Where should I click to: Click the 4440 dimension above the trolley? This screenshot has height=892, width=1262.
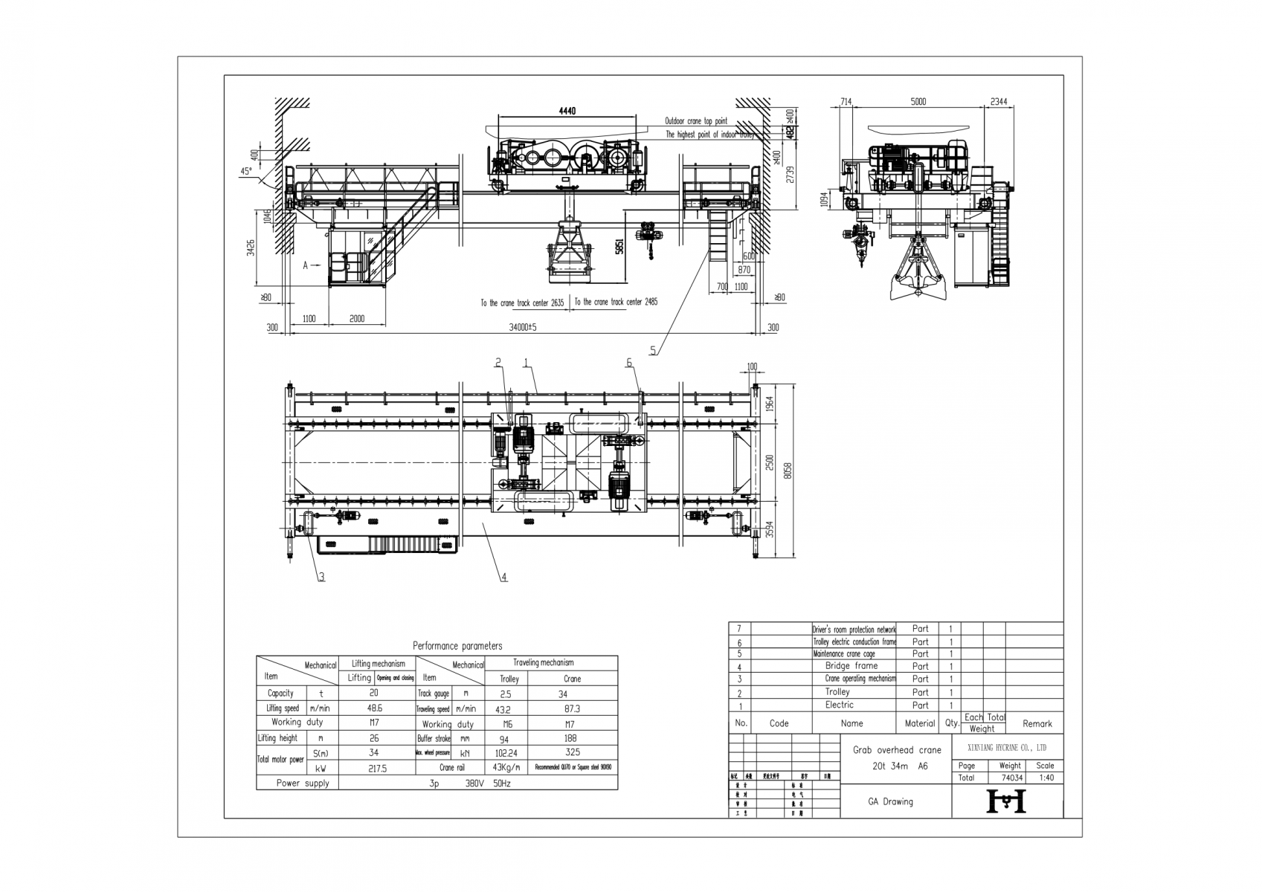[x=567, y=111]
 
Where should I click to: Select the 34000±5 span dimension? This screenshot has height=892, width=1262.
[x=522, y=327]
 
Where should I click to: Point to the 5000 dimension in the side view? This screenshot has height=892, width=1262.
[x=918, y=102]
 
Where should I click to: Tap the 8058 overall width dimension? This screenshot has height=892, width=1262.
[x=788, y=470]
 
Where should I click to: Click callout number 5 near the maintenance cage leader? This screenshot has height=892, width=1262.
[x=653, y=350]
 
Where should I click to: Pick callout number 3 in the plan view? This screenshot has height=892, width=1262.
[x=321, y=576]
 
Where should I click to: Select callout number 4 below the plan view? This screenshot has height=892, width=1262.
[x=503, y=577]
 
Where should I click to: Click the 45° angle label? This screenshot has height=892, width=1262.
[x=245, y=170]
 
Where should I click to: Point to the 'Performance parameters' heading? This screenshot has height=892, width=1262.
[x=457, y=646]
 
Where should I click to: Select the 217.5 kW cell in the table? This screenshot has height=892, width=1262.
[x=377, y=769]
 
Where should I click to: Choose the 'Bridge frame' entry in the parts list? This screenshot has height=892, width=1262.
[x=851, y=666]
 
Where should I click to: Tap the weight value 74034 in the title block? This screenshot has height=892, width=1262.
[x=1011, y=778]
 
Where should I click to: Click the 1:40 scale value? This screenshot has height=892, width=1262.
[x=1045, y=778]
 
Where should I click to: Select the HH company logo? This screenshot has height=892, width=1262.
[x=1005, y=801]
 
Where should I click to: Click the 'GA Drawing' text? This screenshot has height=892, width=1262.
[x=890, y=801]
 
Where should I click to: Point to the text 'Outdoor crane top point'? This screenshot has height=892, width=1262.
[x=696, y=121]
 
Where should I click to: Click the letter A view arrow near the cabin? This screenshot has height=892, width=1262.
[x=306, y=265]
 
